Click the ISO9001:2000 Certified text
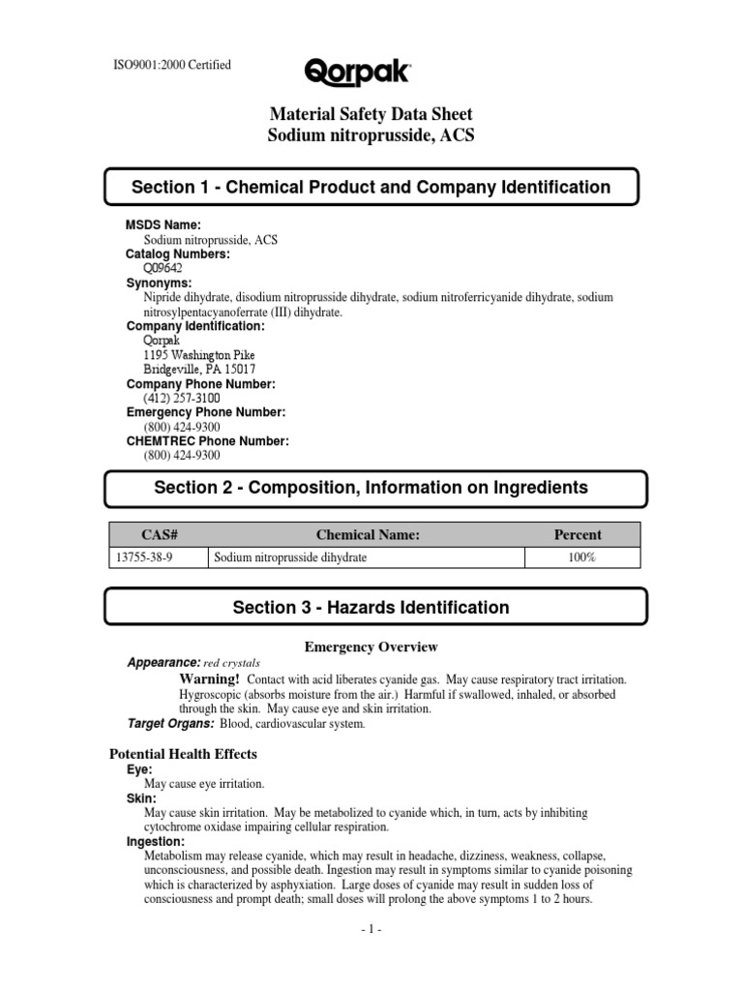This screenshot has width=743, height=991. [173, 66]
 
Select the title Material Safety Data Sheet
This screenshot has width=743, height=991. [371, 116]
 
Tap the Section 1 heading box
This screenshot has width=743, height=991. [371, 187]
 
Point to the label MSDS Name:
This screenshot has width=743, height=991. [163, 225]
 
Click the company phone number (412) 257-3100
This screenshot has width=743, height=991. [182, 398]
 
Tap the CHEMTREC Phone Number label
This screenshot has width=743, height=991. [207, 441]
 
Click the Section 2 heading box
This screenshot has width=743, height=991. [371, 489]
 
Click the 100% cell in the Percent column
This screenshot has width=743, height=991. [581, 558]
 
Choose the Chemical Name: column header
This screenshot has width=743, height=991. [368, 534]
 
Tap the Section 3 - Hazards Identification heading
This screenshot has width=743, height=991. [371, 608]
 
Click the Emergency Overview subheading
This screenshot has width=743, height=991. [371, 646]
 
